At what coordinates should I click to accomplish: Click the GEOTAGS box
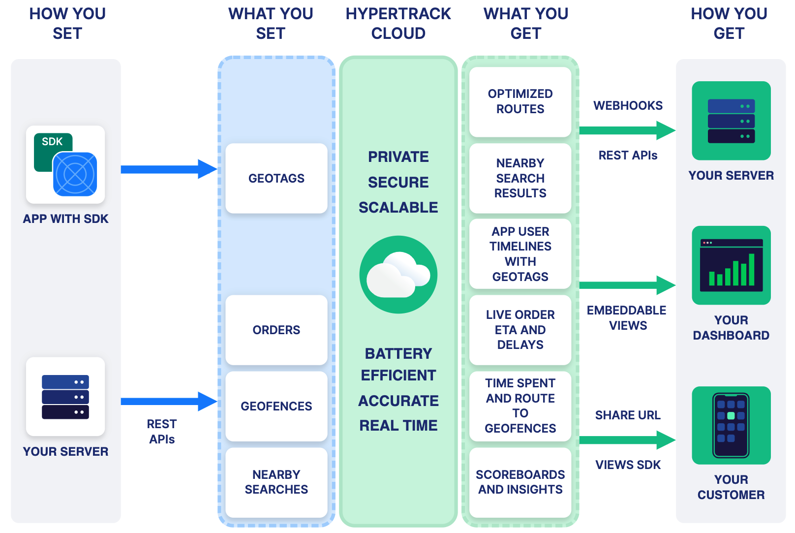pyautogui.click(x=276, y=178)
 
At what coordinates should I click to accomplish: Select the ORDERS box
pyautogui.click(x=276, y=330)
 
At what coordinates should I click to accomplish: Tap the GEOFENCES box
pyautogui.click(x=276, y=406)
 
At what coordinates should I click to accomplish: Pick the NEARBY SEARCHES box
pyautogui.click(x=276, y=482)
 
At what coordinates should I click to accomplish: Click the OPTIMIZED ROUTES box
pyautogui.click(x=520, y=101)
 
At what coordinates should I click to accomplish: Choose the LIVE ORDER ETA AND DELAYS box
pyautogui.click(x=520, y=330)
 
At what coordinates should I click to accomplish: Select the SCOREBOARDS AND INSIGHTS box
pyautogui.click(x=520, y=482)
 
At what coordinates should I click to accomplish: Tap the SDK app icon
pyautogui.click(x=65, y=164)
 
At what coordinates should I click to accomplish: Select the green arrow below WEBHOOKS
pyautogui.click(x=627, y=130)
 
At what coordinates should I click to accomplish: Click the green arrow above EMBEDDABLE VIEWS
pyautogui.click(x=627, y=285)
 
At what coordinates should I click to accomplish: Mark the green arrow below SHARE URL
pyautogui.click(x=627, y=440)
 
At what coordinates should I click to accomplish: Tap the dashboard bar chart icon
pyautogui.click(x=731, y=265)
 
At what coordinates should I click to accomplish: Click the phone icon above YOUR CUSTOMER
pyautogui.click(x=731, y=425)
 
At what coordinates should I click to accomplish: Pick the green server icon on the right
pyautogui.click(x=731, y=121)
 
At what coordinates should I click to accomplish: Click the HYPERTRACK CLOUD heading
pyautogui.click(x=398, y=24)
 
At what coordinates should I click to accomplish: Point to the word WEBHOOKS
pyautogui.click(x=628, y=106)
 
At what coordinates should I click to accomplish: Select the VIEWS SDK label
pyautogui.click(x=628, y=465)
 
